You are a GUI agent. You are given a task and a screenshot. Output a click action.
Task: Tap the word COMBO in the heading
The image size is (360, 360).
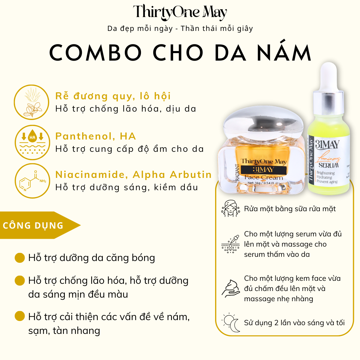[95, 53]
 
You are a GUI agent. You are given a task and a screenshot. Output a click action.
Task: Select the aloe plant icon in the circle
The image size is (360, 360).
[31, 102]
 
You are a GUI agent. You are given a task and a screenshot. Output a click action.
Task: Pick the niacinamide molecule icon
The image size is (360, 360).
[32, 181]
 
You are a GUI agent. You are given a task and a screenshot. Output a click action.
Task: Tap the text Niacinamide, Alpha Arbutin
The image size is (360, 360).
[133, 175]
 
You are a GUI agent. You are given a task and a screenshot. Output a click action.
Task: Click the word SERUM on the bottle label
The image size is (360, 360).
[329, 165]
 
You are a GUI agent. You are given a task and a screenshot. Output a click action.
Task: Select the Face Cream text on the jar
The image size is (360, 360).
[264, 177]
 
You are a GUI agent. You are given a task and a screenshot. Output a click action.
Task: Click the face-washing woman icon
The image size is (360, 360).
[230, 208]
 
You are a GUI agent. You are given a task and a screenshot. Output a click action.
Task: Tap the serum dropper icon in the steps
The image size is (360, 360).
[231, 244]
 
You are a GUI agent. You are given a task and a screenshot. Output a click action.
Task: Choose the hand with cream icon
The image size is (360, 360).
[231, 289]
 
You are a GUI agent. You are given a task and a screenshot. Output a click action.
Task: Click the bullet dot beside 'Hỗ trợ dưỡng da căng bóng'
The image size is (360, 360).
[20, 258]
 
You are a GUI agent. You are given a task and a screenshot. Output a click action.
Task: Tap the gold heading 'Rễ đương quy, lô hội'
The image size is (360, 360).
[113, 96]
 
